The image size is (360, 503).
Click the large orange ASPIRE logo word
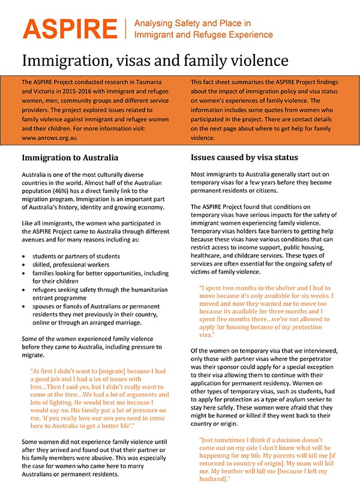pos(70,28)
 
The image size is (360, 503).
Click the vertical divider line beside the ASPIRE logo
pos(126,28)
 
